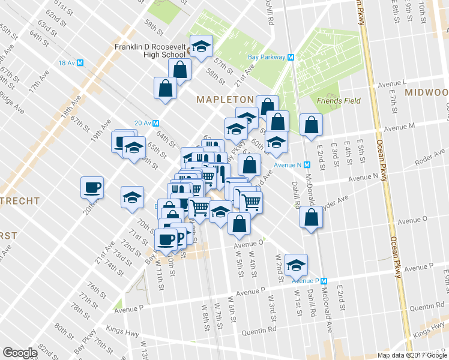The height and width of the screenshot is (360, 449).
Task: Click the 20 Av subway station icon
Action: point(155,122)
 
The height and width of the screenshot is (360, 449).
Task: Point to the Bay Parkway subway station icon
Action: point(291,58)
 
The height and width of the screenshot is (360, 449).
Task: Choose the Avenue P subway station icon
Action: point(324,280)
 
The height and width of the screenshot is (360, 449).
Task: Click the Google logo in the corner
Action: point(20,352)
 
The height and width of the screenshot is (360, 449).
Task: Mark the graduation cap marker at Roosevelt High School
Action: point(202,45)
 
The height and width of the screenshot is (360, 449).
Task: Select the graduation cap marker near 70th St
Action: point(132,197)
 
